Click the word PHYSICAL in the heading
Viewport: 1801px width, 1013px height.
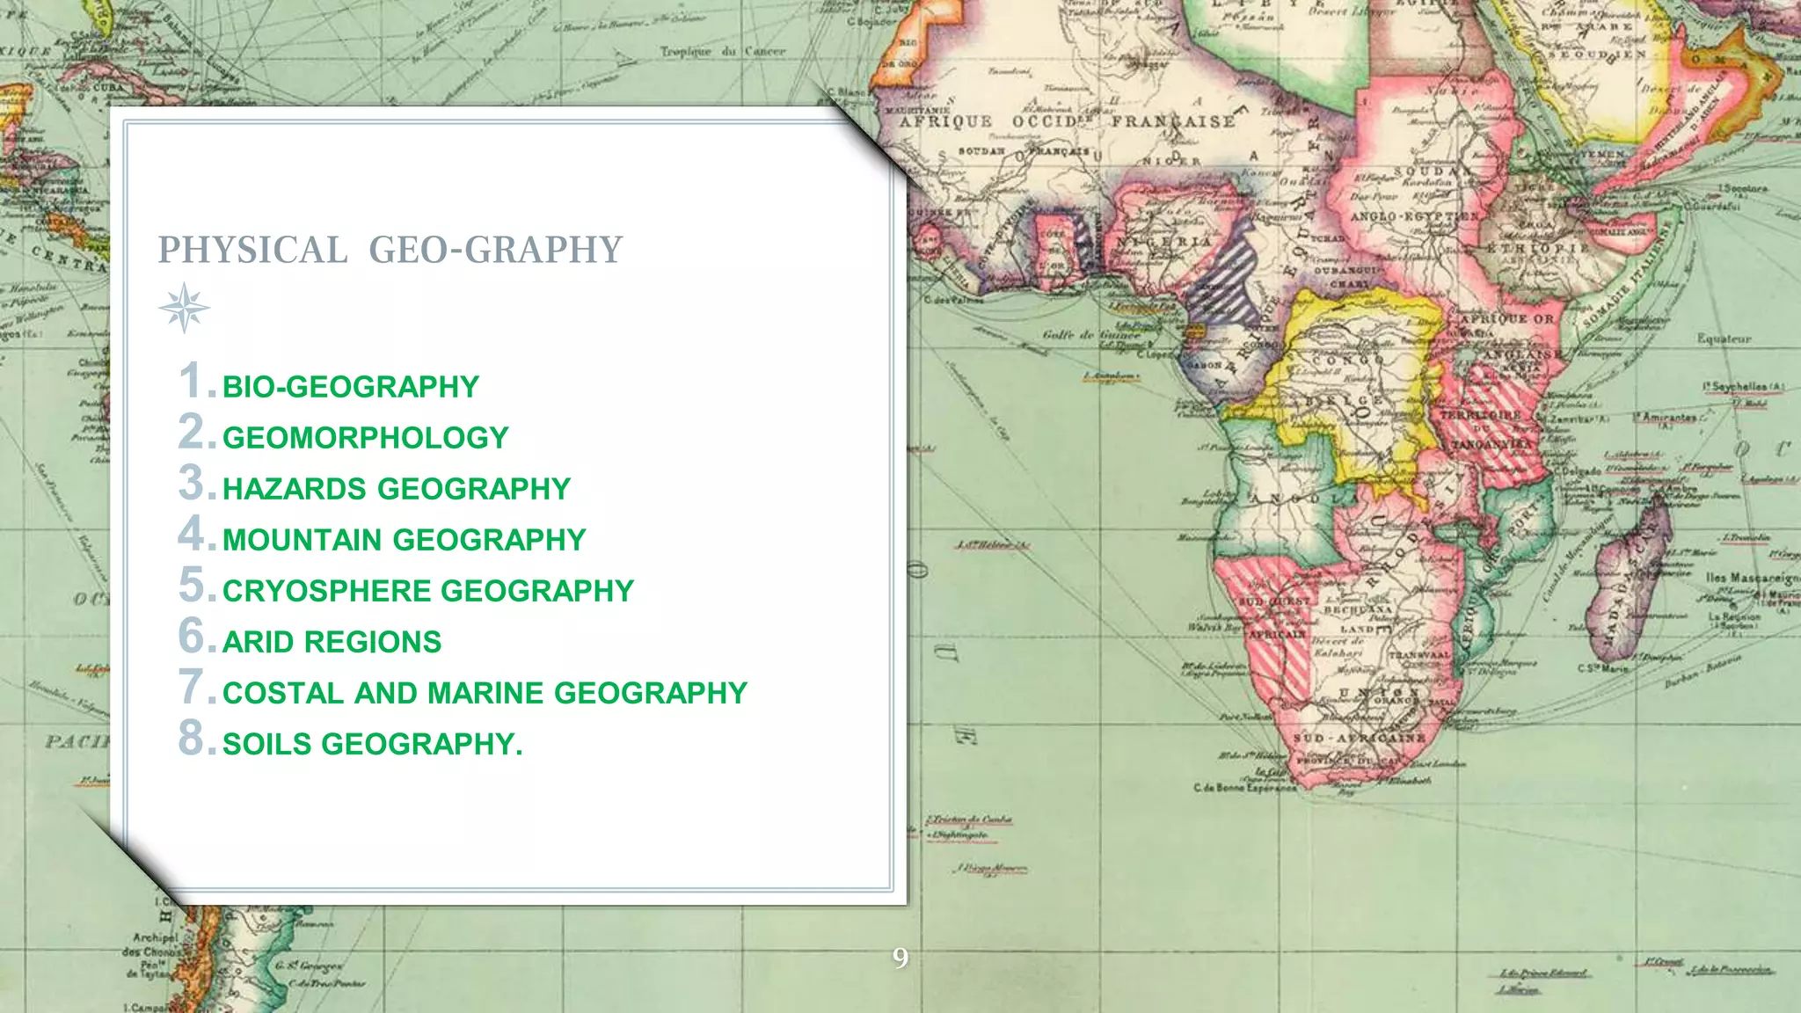coord(252,251)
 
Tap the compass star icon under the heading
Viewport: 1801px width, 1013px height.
coord(184,308)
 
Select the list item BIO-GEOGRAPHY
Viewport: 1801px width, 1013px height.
coord(350,387)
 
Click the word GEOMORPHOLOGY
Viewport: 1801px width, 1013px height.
coord(365,438)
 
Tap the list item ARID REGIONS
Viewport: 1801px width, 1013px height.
coord(332,642)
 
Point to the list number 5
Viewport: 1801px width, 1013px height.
coord(192,585)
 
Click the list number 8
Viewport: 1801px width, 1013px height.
coord(192,738)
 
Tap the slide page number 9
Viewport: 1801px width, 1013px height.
coord(900,958)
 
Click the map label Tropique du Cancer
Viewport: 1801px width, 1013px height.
coord(723,52)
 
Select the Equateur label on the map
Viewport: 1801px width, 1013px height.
coord(1724,339)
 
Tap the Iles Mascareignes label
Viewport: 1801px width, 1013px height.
coord(1751,578)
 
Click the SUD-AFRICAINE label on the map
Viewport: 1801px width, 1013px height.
coord(1359,738)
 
